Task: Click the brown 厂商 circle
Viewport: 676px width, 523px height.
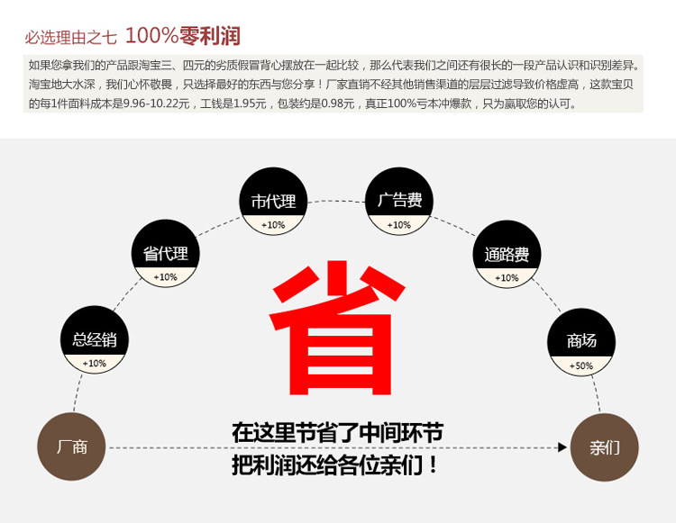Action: (x=71, y=447)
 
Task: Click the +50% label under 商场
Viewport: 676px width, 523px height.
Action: (x=581, y=365)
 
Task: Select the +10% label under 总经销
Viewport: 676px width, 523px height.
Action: (x=95, y=364)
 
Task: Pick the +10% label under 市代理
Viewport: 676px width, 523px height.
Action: (x=273, y=225)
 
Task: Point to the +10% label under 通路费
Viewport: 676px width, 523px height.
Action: (x=507, y=278)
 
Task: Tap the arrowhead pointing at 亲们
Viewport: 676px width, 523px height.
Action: (x=563, y=447)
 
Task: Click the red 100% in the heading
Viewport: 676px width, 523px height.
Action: (x=151, y=36)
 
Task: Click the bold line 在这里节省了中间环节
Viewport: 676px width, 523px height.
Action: (x=337, y=433)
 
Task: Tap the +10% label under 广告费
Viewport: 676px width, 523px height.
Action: (x=399, y=225)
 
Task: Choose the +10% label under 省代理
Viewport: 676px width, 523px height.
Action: (x=166, y=277)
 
